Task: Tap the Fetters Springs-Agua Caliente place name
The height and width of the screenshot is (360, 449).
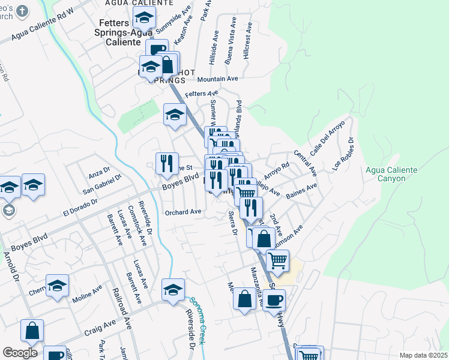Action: coord(125,32)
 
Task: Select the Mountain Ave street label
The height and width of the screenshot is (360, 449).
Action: coord(218,79)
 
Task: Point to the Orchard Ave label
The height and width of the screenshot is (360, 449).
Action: coord(183,212)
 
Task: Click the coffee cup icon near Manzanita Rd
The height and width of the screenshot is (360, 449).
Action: coord(274,300)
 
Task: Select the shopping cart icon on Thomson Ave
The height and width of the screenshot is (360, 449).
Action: coord(277,260)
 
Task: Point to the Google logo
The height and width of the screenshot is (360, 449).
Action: coord(19,353)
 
